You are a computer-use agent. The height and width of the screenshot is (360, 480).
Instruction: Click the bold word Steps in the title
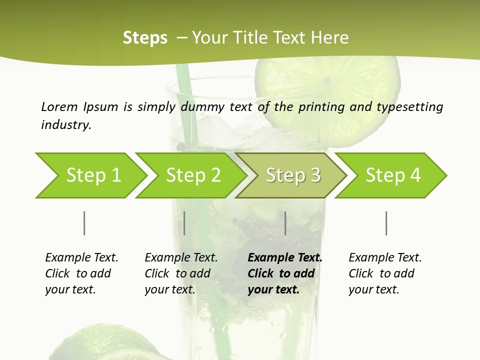(145, 38)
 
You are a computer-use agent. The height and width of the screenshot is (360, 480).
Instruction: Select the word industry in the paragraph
(66, 125)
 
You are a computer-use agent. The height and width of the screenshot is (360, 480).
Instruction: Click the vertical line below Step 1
(84, 223)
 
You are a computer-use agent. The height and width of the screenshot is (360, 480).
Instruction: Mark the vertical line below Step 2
(184, 223)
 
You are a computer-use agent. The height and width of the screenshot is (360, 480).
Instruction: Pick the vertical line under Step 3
(285, 223)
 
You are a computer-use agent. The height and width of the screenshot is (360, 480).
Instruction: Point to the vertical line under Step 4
(386, 223)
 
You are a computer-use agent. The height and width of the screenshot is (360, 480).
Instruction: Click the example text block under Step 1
(81, 273)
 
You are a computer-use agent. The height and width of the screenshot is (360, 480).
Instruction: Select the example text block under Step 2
(181, 273)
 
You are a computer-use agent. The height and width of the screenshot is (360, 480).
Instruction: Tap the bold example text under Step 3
(284, 273)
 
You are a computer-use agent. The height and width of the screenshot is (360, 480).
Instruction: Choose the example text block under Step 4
(385, 273)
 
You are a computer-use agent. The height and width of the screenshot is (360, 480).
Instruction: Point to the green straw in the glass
(182, 100)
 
